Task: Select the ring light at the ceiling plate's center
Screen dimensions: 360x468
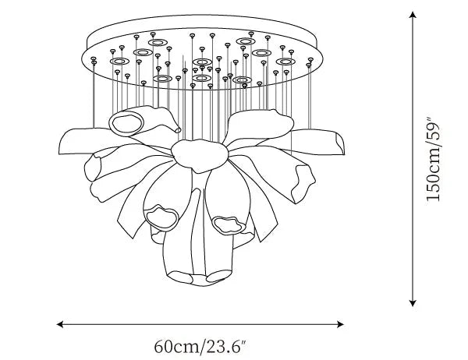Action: (x=202, y=62)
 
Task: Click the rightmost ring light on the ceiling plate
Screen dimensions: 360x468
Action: (x=285, y=61)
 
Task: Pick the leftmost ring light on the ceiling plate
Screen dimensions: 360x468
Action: (x=119, y=61)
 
